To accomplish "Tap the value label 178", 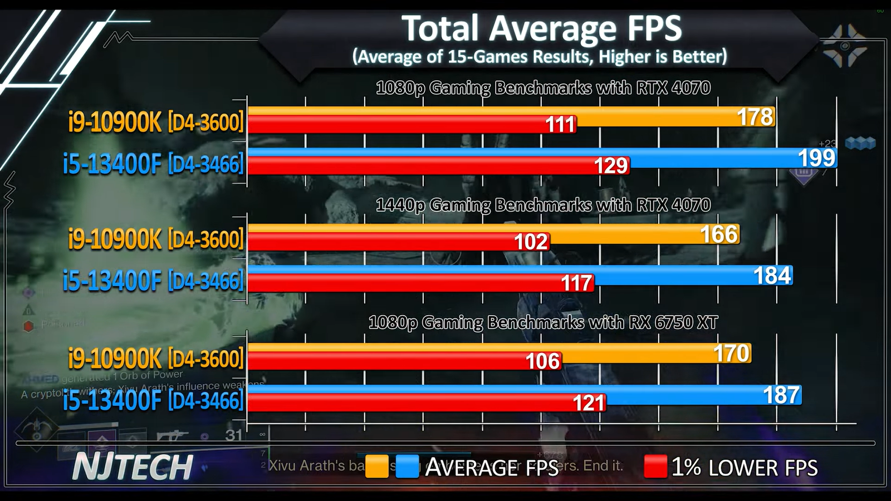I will pos(755,117).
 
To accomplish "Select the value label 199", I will pos(816,158).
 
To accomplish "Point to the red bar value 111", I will pos(560,124).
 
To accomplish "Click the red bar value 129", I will pos(611,165).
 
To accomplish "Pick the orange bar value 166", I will pos(719,234).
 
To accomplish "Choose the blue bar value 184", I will pos(772,276).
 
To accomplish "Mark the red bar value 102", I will pos(531,242).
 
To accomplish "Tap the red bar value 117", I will pos(576,283).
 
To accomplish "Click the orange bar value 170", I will pos(732,353).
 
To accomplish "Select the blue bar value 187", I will pos(781,395).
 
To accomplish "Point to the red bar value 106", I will pos(542,361).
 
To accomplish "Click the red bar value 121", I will pos(589,402).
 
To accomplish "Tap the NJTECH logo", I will pos(133,466).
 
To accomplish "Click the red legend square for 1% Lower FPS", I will pos(655,466).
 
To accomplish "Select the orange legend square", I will pos(377,466).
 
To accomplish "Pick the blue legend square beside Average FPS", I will pos(407,466).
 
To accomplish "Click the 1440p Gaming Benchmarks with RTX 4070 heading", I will pos(543,205).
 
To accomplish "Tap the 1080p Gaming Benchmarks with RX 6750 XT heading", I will pos(543,322).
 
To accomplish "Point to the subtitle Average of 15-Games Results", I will pos(539,56).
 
